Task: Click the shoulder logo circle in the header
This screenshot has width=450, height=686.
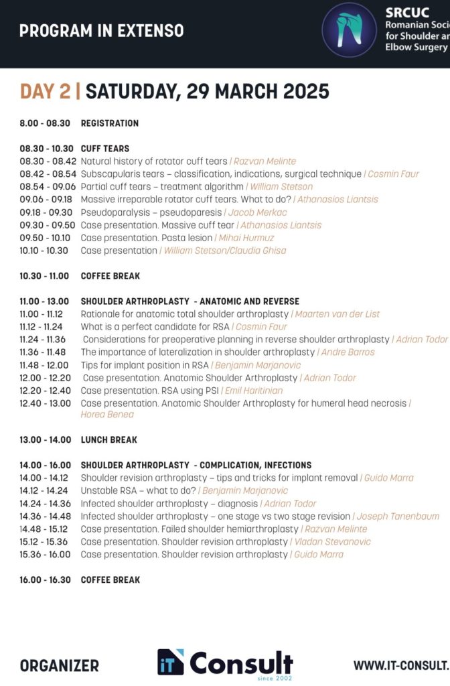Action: pos(349,29)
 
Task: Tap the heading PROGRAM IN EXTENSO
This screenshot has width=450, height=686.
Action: pos(101,31)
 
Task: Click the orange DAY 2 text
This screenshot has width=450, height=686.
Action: pos(45,92)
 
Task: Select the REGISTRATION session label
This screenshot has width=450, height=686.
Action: pos(110,123)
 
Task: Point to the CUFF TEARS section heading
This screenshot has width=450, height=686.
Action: pos(105,149)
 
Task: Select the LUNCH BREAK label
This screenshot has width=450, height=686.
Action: pos(109,440)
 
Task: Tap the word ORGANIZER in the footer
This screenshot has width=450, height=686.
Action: pos(59,666)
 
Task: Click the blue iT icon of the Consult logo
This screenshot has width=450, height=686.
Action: pos(171,663)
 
